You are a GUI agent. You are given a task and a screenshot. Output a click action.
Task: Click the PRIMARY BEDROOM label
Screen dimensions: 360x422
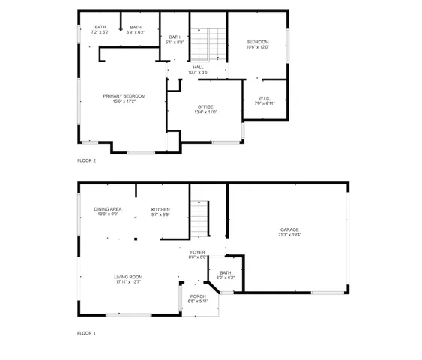click(124, 96)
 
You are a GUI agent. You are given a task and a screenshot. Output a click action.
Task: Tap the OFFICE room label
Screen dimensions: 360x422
click(205, 106)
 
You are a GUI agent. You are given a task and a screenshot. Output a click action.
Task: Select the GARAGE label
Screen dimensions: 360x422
click(289, 229)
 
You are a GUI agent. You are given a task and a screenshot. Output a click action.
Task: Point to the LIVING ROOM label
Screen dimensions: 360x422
click(128, 277)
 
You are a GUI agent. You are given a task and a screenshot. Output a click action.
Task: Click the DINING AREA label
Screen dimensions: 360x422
click(108, 209)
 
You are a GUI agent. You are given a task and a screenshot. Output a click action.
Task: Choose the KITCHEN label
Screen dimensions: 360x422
click(160, 209)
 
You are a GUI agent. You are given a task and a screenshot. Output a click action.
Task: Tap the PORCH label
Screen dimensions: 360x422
click(198, 296)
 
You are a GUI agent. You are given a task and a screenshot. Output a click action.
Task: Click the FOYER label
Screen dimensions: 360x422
click(198, 252)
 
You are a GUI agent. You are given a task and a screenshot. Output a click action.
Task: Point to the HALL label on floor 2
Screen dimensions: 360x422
click(199, 67)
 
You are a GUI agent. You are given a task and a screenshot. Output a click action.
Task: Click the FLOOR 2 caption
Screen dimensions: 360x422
click(86, 160)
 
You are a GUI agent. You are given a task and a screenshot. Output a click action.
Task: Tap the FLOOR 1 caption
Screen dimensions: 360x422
click(86, 332)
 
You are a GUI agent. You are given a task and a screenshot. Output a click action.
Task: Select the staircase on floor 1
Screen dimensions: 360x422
click(197, 217)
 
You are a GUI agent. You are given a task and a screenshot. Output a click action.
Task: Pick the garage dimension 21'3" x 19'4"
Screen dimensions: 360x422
click(289, 235)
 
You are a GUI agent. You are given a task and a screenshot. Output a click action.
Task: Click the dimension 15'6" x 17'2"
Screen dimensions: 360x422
click(124, 101)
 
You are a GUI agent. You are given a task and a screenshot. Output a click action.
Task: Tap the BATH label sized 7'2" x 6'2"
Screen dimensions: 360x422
click(100, 28)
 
